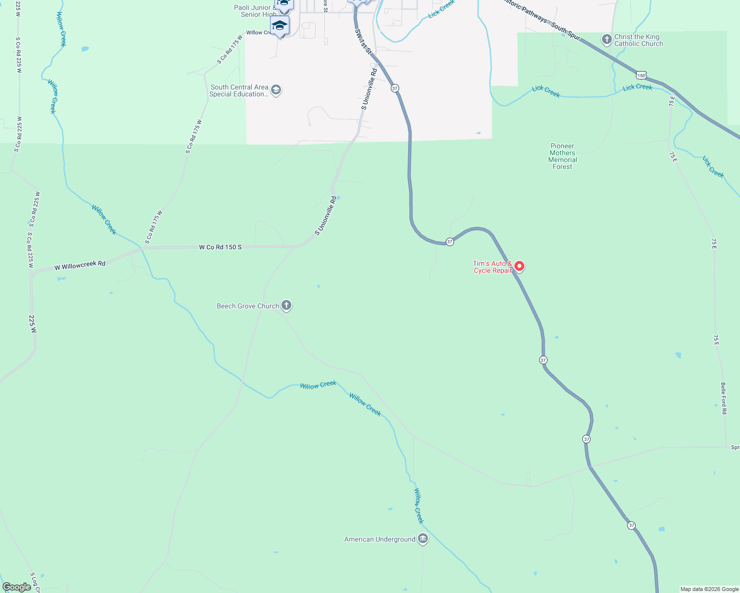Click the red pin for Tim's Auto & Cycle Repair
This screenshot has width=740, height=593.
[x=519, y=266]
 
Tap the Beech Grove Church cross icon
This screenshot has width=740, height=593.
[x=286, y=305]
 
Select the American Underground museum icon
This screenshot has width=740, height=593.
[x=422, y=539]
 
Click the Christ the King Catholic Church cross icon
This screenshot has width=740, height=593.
[x=607, y=40]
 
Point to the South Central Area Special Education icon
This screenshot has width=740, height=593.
[x=276, y=90]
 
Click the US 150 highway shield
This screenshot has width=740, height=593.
[x=641, y=75]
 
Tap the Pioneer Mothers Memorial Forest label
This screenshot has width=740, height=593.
[x=562, y=156]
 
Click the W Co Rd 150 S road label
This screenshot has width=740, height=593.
[x=220, y=247]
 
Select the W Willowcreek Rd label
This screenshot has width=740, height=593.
[x=80, y=265]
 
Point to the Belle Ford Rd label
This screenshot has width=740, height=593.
[x=724, y=398]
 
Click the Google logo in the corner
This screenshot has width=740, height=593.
[x=16, y=587]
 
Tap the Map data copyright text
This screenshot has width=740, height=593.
[x=709, y=589]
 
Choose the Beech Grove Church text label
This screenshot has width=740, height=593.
[x=248, y=306]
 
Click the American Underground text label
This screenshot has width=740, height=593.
[x=379, y=539]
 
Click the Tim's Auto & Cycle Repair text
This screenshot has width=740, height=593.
[x=492, y=267]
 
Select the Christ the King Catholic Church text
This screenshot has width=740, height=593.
[x=638, y=40]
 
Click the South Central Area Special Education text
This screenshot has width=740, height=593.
[x=239, y=90]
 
